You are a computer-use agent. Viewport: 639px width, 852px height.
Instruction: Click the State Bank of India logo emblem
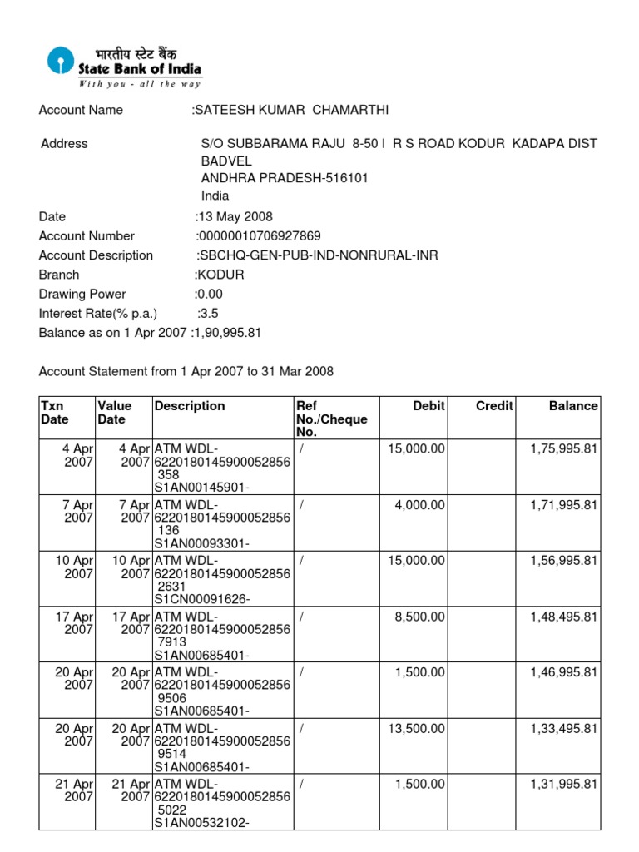59,62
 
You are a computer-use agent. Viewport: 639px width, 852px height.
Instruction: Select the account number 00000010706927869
260,236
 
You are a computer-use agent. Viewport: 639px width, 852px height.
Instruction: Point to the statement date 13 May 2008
235,217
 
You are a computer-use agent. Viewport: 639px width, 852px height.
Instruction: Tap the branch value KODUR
221,275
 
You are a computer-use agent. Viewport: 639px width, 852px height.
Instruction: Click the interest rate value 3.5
209,313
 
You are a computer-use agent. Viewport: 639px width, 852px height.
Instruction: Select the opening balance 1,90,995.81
229,332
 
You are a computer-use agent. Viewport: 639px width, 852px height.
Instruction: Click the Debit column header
428,406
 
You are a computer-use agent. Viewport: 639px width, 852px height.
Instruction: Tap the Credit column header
494,406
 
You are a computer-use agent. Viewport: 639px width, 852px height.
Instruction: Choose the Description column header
190,406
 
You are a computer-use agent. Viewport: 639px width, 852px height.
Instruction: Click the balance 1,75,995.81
563,449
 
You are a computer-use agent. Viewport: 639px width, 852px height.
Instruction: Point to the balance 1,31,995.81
563,784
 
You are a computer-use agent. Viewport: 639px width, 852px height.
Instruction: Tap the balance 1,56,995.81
563,561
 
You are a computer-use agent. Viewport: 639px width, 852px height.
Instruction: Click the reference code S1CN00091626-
201,599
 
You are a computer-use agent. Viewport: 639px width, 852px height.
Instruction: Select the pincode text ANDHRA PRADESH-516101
285,178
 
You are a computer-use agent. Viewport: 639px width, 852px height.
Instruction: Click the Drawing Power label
82,294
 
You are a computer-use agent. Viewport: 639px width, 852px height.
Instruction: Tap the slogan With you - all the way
140,83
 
